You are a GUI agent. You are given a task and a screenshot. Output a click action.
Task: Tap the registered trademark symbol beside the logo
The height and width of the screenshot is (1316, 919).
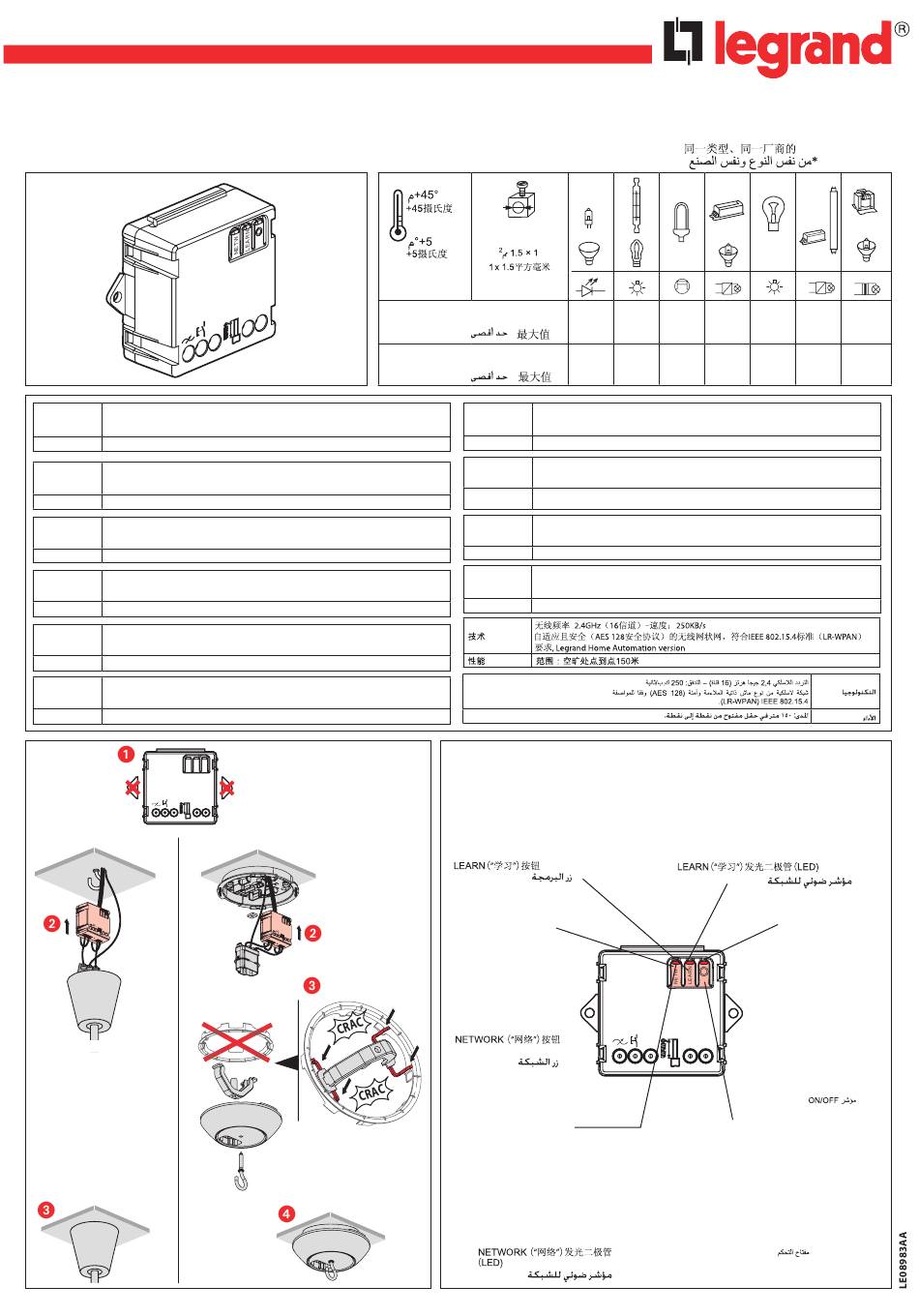(x=902, y=28)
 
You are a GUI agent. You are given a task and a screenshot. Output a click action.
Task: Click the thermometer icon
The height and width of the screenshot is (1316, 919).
(x=395, y=215)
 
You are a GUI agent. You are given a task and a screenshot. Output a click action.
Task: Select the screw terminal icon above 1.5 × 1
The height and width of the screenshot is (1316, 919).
(x=518, y=205)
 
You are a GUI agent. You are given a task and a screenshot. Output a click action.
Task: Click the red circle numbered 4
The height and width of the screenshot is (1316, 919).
(x=286, y=1213)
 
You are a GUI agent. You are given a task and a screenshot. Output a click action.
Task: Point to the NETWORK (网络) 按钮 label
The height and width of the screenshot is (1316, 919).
(x=507, y=1040)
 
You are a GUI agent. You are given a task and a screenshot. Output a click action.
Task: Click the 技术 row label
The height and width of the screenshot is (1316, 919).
(x=477, y=637)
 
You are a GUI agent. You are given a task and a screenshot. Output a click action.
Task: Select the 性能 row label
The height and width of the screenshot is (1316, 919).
(x=477, y=661)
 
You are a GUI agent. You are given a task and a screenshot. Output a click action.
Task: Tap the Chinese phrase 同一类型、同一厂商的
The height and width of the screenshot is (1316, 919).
(x=739, y=149)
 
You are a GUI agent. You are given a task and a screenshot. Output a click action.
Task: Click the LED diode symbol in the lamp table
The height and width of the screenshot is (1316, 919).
(x=591, y=288)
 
